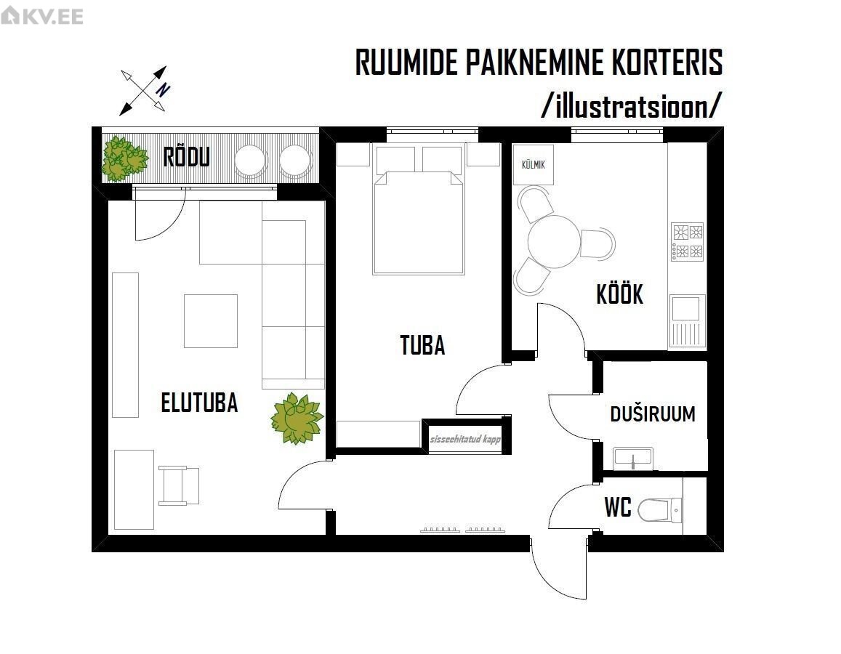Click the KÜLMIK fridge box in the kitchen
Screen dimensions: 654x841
[533, 163]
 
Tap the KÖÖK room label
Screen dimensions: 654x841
[619, 295]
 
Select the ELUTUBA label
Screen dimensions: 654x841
[199, 403]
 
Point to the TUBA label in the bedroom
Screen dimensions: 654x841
[422, 345]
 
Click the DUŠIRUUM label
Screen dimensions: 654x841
[652, 414]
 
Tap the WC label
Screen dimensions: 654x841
[618, 508]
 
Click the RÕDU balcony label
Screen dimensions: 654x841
[186, 156]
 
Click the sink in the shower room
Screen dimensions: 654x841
[633, 459]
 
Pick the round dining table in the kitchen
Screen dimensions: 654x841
[554, 242]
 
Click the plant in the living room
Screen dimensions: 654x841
[296, 419]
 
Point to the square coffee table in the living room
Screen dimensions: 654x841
[211, 320]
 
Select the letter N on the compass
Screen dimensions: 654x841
[164, 89]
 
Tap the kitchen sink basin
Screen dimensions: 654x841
[685, 308]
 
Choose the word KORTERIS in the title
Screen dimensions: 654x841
[666, 63]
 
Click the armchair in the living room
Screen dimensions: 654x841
[179, 485]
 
